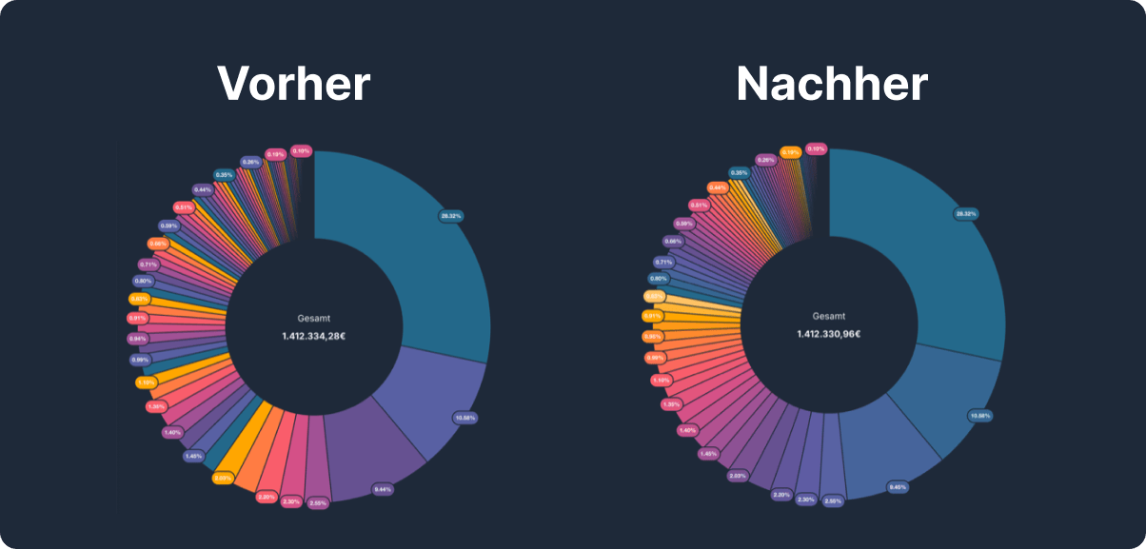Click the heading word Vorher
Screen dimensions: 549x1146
coord(293,84)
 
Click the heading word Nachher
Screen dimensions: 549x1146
coord(831,84)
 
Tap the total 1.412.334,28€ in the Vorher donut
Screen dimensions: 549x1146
coord(313,336)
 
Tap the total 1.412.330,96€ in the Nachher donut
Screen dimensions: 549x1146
coord(829,335)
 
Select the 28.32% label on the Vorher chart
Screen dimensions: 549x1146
coord(450,216)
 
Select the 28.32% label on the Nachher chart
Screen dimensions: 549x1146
coord(966,214)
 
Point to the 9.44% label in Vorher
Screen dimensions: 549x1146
coord(383,489)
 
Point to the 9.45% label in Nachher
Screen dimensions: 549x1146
coord(898,486)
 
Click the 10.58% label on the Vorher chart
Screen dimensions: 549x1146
coord(465,417)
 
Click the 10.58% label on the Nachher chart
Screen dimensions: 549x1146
coord(980,416)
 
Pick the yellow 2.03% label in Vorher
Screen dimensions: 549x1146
coord(223,478)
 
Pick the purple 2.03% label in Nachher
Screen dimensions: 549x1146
coord(738,475)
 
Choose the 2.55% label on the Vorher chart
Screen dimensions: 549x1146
coord(318,502)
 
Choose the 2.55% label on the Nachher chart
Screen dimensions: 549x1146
coord(833,500)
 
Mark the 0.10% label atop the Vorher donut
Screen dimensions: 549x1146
coord(301,150)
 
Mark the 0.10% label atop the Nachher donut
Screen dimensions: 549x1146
coord(816,148)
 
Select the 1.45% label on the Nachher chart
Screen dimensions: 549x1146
coord(707,453)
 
